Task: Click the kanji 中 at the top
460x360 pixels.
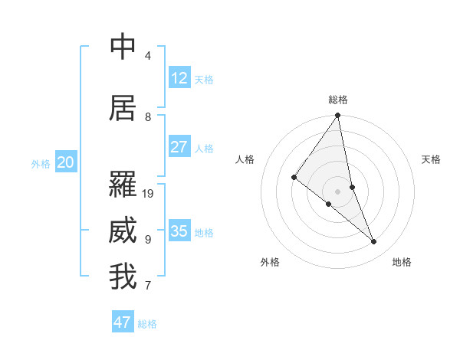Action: click(x=123, y=47)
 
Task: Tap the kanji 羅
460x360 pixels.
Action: click(x=123, y=184)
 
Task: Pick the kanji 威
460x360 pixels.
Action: click(x=123, y=231)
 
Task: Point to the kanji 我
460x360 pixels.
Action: click(x=123, y=277)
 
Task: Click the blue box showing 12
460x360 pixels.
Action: click(x=179, y=78)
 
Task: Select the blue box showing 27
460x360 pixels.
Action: click(x=179, y=147)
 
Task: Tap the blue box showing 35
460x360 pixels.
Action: click(x=179, y=231)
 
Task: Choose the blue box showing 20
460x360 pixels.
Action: click(x=65, y=162)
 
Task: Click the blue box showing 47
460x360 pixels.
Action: click(x=122, y=322)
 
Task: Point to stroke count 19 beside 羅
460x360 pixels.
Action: click(x=149, y=194)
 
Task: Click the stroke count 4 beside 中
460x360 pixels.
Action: click(x=147, y=56)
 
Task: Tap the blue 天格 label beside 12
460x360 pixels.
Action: click(x=204, y=80)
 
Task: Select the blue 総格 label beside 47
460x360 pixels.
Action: click(x=147, y=324)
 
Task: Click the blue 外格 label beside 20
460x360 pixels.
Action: click(x=41, y=164)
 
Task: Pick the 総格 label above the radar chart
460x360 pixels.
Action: click(x=338, y=100)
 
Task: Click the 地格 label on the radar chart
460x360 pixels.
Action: click(x=402, y=262)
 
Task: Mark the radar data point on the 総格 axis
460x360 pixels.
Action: click(x=338, y=116)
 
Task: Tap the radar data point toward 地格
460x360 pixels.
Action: click(x=374, y=242)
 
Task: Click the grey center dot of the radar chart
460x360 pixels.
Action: click(x=338, y=191)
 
